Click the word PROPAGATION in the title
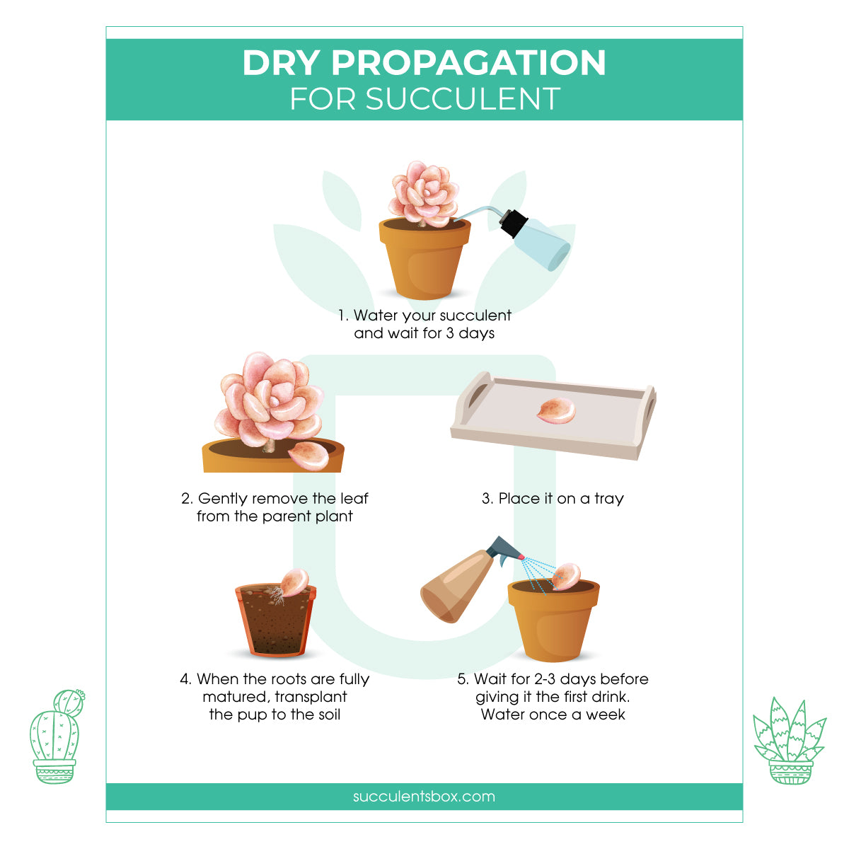coord(468,63)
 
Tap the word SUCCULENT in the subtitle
coord(463,100)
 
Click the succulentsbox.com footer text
coord(424,797)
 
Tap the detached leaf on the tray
coord(556,412)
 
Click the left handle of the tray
coord(475,391)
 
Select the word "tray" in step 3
coord(608,499)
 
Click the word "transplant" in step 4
coord(311,697)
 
